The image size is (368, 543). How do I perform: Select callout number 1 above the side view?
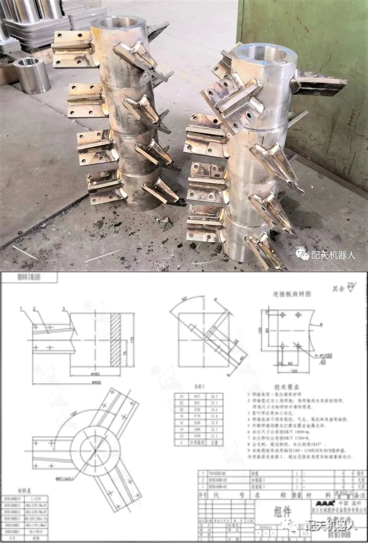point(21,309)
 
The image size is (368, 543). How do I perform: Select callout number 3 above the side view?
point(64,309)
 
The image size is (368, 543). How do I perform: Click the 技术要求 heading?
point(287,387)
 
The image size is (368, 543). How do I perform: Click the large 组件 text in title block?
point(282,511)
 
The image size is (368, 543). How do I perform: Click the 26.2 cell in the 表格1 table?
point(214,396)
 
